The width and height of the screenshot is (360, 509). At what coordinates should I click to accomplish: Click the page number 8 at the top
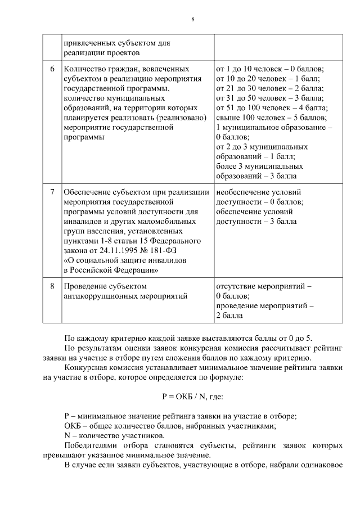point(192,19)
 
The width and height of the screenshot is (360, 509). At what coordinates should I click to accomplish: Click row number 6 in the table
point(52,69)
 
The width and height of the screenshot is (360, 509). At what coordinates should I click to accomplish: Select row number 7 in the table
point(52,192)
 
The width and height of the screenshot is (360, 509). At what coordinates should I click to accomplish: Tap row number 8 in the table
point(52,286)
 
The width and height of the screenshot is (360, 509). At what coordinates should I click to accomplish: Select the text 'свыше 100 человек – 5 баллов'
point(271,118)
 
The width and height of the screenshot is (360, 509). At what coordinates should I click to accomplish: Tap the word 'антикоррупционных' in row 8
point(98,296)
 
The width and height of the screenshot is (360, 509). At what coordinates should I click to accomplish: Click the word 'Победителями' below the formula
point(89,445)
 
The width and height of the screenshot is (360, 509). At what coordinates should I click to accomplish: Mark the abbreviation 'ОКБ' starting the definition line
point(73,426)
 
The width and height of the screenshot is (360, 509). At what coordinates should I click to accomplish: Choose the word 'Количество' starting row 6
point(83,69)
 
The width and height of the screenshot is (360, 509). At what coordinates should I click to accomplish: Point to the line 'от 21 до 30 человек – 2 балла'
point(270,88)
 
